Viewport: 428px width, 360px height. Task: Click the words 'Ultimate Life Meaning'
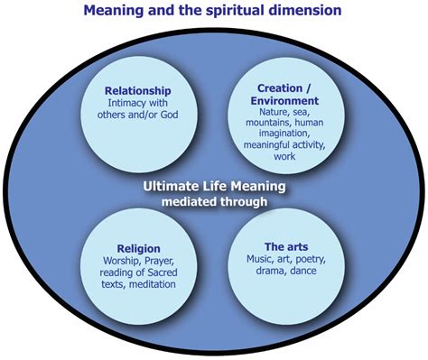point(215,187)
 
